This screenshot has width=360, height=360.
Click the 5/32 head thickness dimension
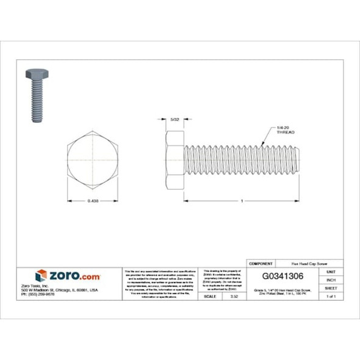(175, 120)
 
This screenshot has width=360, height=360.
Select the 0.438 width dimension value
(93, 201)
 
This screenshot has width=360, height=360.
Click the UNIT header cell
(331, 271)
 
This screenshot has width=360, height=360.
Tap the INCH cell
(331, 279)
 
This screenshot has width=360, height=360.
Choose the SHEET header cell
(331, 287)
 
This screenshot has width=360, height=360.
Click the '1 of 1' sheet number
(331, 296)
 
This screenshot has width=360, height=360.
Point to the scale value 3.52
(233, 296)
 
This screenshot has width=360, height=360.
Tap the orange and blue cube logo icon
(41, 276)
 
